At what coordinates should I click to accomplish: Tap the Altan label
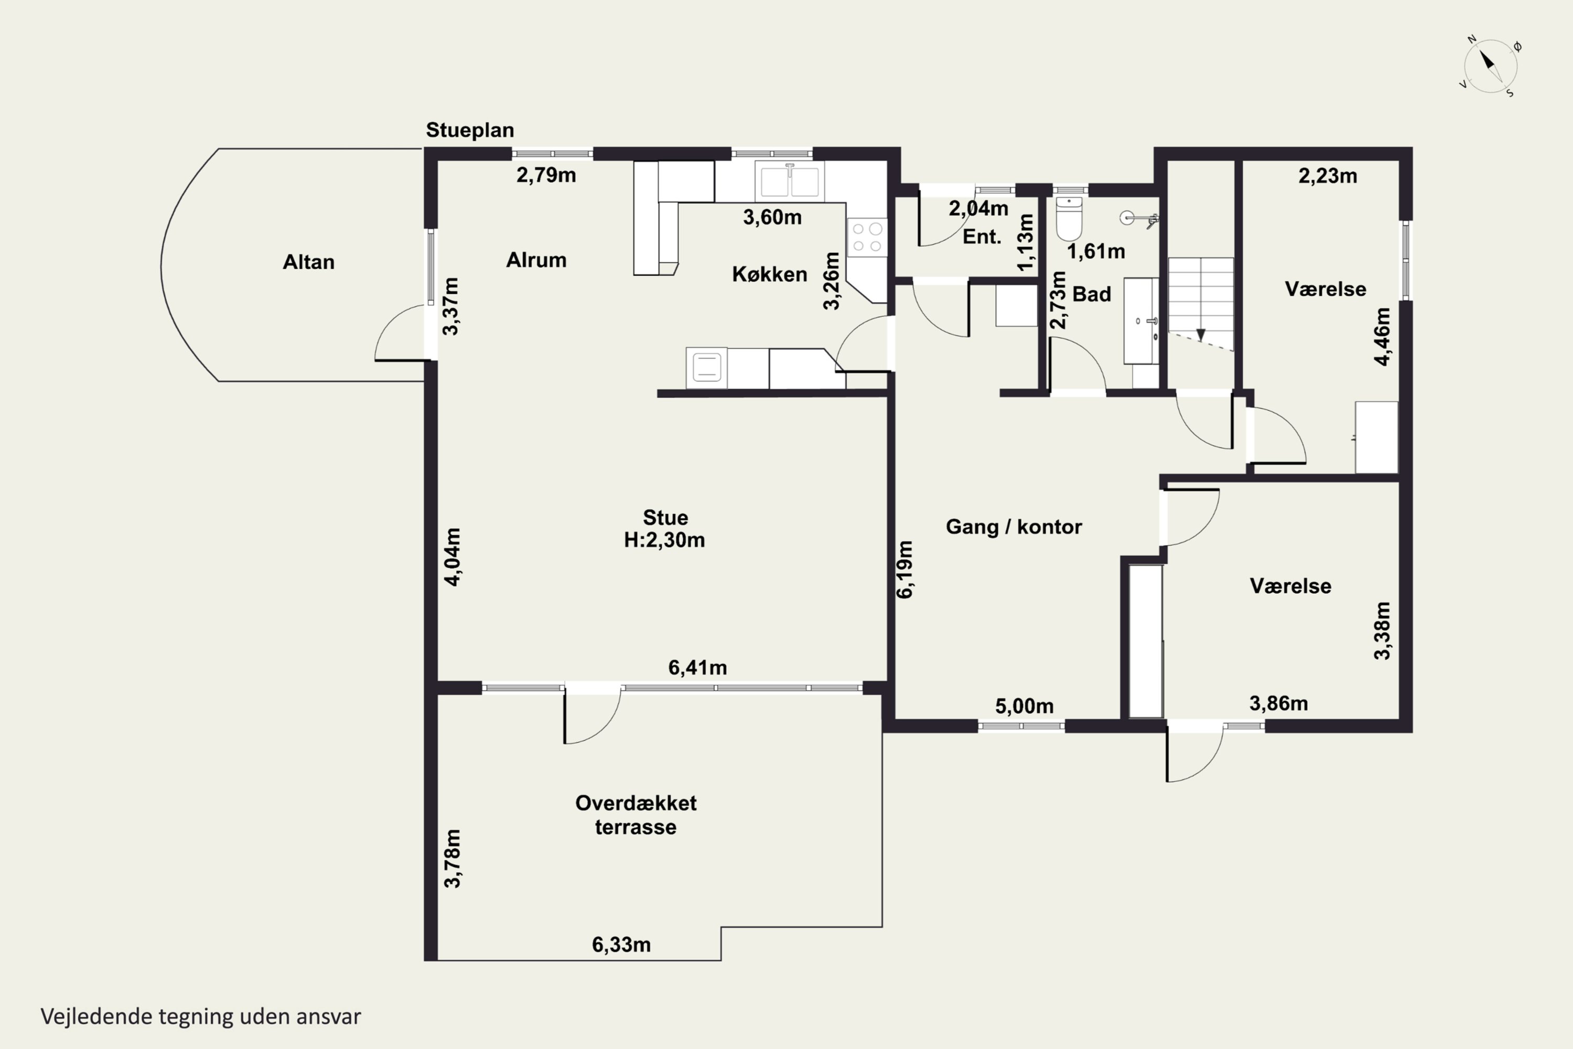tap(308, 262)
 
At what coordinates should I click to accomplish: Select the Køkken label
tap(769, 274)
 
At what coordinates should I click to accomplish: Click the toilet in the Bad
tap(1069, 218)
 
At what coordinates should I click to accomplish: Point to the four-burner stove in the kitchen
tap(867, 238)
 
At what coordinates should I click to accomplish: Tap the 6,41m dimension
tap(697, 668)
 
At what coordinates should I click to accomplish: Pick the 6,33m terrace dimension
tap(621, 945)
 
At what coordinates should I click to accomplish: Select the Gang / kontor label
tap(1013, 527)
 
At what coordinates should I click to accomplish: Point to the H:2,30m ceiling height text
tap(664, 540)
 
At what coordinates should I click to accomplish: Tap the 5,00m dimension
tap(1024, 707)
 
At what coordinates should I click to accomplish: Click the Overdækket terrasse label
tap(635, 815)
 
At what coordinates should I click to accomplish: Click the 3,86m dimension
tap(1278, 703)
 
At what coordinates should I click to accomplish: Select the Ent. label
tap(981, 237)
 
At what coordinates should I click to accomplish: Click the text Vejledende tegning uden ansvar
tap(201, 1016)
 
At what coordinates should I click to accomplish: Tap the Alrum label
tap(536, 260)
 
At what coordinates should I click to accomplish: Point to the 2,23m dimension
tap(1328, 176)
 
